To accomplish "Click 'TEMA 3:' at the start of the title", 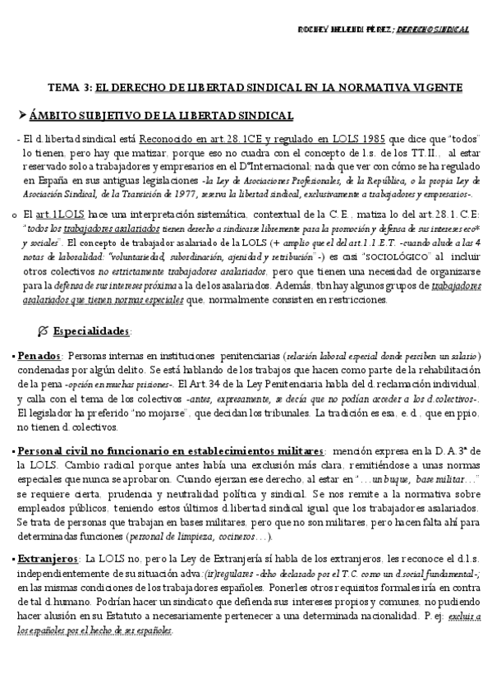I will (70, 87).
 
